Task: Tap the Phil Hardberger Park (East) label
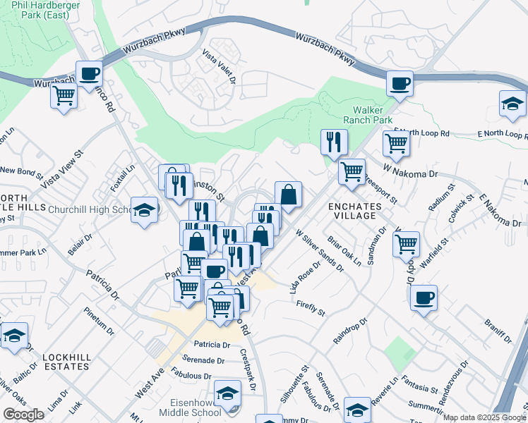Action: click(40, 9)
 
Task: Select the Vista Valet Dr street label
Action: click(218, 66)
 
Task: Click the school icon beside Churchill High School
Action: click(145, 210)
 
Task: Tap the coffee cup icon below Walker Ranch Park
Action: click(399, 84)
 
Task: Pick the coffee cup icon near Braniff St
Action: click(424, 297)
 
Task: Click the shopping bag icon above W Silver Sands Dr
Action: click(288, 195)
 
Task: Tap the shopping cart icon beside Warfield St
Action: click(406, 244)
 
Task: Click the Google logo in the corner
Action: click(23, 415)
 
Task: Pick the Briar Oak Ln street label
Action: click(346, 250)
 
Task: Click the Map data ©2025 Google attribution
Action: click(484, 417)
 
